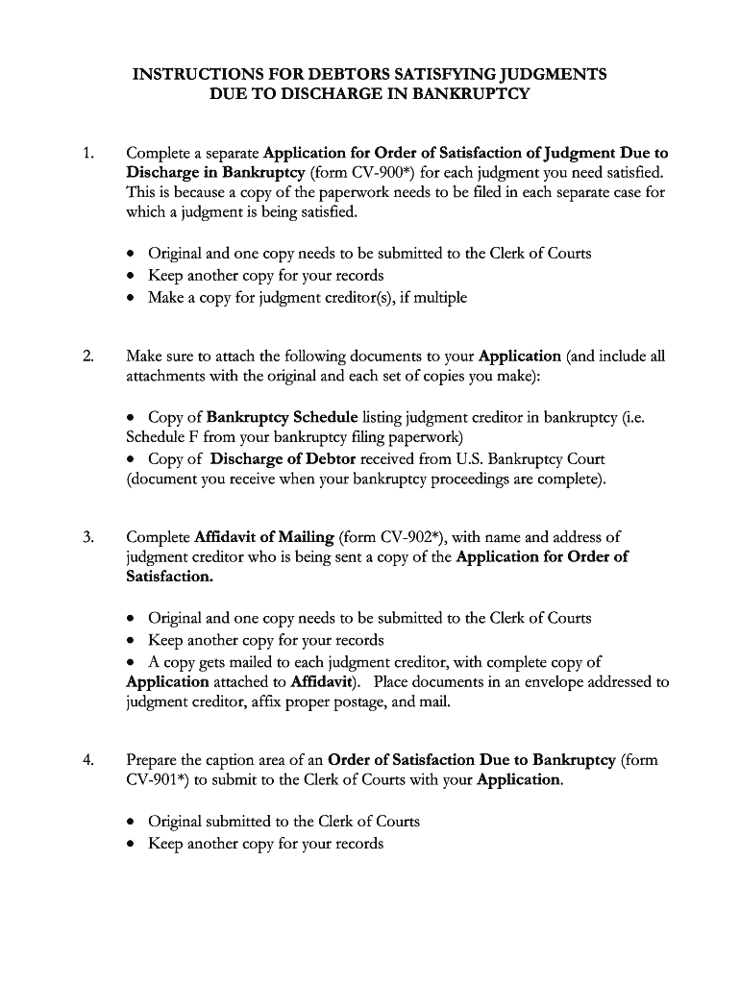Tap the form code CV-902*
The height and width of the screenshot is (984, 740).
415,536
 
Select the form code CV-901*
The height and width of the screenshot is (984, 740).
158,780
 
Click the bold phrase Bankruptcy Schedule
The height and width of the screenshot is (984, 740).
283,417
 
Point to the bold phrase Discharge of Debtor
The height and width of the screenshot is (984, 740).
284,458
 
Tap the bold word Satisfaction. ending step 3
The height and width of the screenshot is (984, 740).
170,577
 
